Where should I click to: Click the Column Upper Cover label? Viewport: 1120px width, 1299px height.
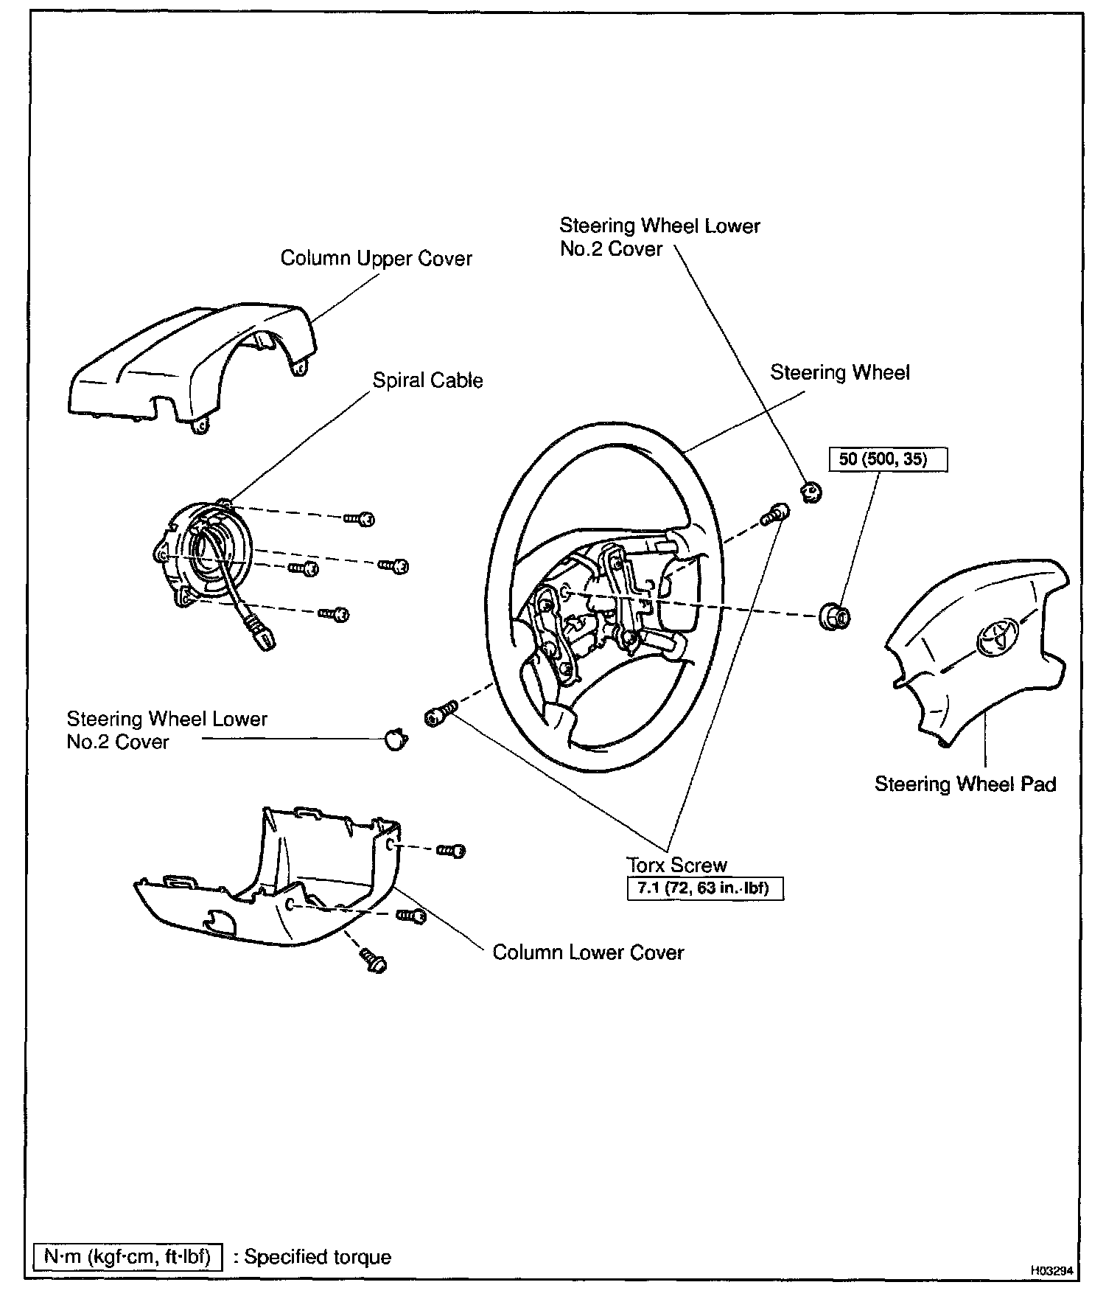pyautogui.click(x=376, y=259)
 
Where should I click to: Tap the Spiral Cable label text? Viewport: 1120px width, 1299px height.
pyautogui.click(x=427, y=380)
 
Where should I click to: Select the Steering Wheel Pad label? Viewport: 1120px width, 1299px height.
pyautogui.click(x=965, y=784)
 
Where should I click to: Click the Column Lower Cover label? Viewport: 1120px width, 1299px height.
pyautogui.click(x=588, y=952)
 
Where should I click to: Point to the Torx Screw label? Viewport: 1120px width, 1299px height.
pyautogui.click(x=676, y=865)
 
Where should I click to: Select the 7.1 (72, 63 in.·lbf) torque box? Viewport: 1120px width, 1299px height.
pyautogui.click(x=704, y=888)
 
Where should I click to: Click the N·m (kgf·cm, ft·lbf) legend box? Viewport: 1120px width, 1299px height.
pyautogui.click(x=127, y=1256)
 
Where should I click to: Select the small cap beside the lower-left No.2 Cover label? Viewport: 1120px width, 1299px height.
pyautogui.click(x=396, y=738)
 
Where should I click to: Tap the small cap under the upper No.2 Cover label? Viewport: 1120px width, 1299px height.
pyautogui.click(x=811, y=490)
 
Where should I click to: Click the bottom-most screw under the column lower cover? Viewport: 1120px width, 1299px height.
pyautogui.click(x=374, y=960)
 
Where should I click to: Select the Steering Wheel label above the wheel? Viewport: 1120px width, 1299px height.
pyautogui.click(x=839, y=373)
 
